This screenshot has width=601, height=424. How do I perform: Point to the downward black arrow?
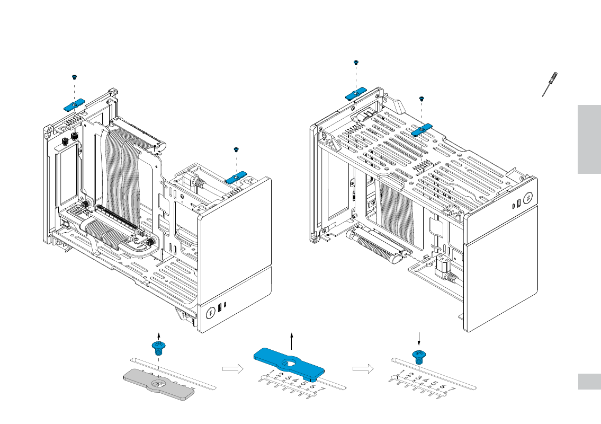pos(419,338)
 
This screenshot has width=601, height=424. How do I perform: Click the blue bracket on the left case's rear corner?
pos(75,104)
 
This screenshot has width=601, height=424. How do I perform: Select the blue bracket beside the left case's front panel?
pos(237,177)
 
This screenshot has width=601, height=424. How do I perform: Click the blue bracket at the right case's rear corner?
pos(356,94)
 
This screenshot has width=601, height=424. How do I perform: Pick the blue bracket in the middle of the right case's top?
pos(422,129)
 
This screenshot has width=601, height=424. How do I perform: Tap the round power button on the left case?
pos(210,312)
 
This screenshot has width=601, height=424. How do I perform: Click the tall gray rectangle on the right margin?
pos(589,139)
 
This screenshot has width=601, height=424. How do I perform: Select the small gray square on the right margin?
pos(589,382)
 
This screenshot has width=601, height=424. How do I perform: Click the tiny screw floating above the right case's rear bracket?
pos(356,63)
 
